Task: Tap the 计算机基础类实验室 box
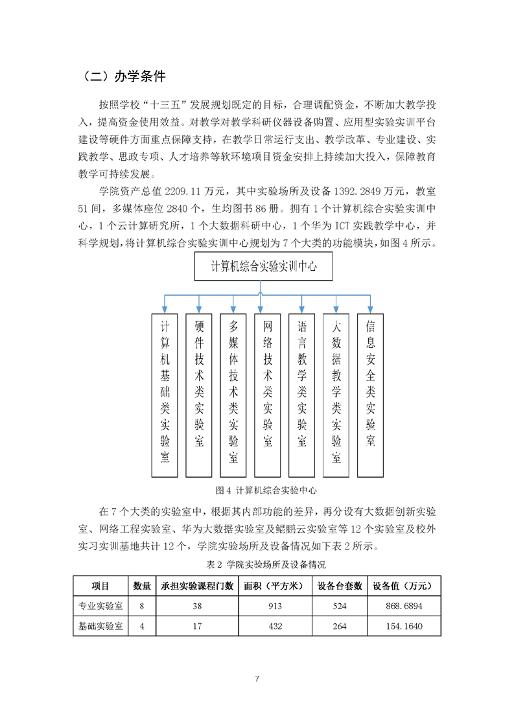click(x=165, y=396)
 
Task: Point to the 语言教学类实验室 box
click(x=301, y=396)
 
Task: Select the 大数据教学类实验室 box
click(x=336, y=396)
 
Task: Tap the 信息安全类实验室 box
click(x=371, y=396)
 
